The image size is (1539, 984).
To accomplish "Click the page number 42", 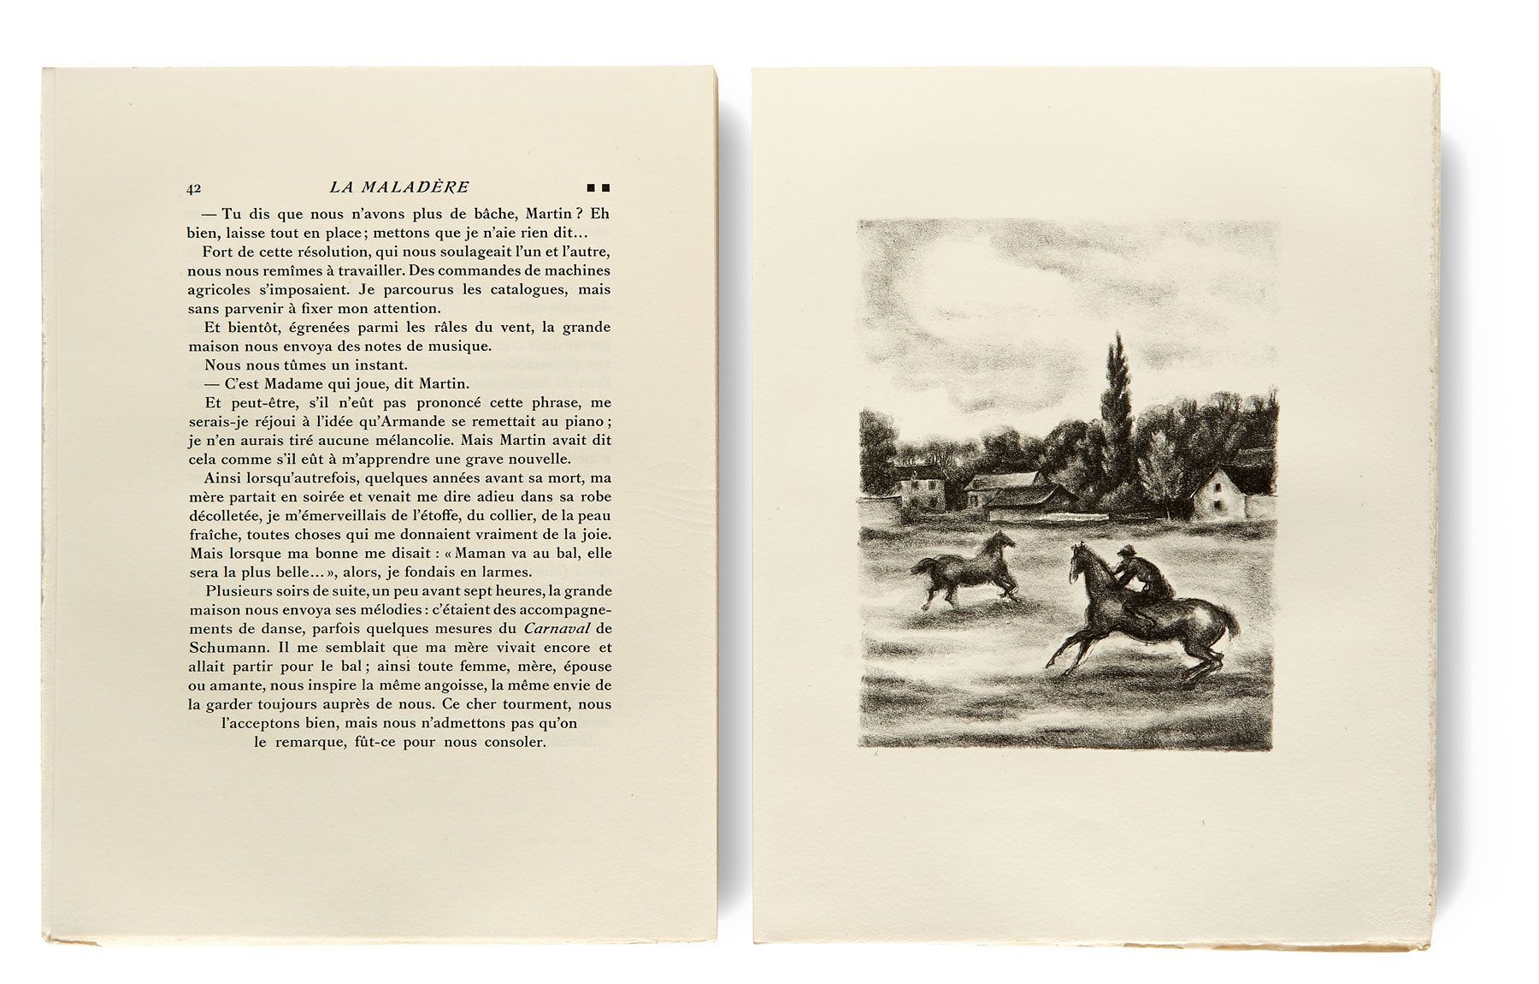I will pyautogui.click(x=193, y=188).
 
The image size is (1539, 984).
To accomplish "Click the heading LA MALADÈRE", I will pyautogui.click(x=399, y=187).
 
